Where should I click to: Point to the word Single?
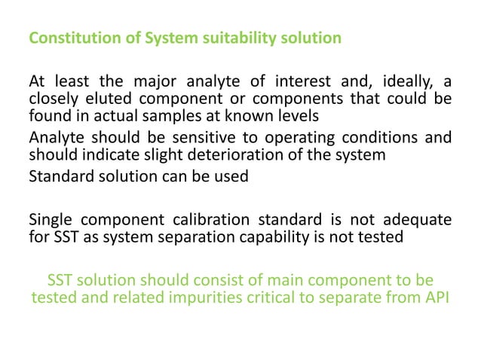(51, 220)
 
